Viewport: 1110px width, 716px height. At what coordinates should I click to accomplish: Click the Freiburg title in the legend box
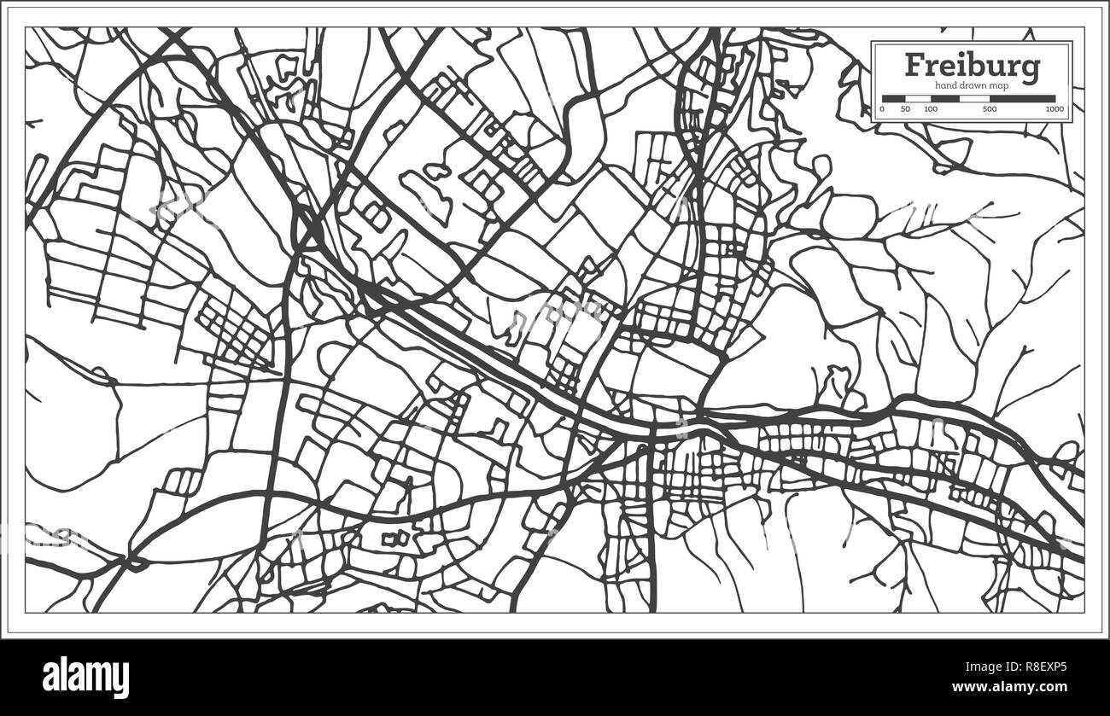[972, 65]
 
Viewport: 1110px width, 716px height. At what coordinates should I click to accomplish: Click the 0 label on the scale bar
[883, 109]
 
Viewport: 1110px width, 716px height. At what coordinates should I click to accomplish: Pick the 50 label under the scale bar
[906, 109]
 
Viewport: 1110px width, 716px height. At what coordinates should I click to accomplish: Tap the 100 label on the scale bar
[931, 109]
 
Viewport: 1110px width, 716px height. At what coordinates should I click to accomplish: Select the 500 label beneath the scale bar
[989, 109]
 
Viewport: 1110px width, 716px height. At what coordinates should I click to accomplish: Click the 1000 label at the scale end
[1055, 109]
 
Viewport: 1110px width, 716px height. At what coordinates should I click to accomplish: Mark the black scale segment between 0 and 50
[894, 98]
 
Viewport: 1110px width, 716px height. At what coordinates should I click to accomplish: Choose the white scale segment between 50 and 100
[918, 98]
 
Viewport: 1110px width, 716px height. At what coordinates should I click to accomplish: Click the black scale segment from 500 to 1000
[1022, 98]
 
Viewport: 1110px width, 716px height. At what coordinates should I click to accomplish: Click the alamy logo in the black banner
[85, 678]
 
